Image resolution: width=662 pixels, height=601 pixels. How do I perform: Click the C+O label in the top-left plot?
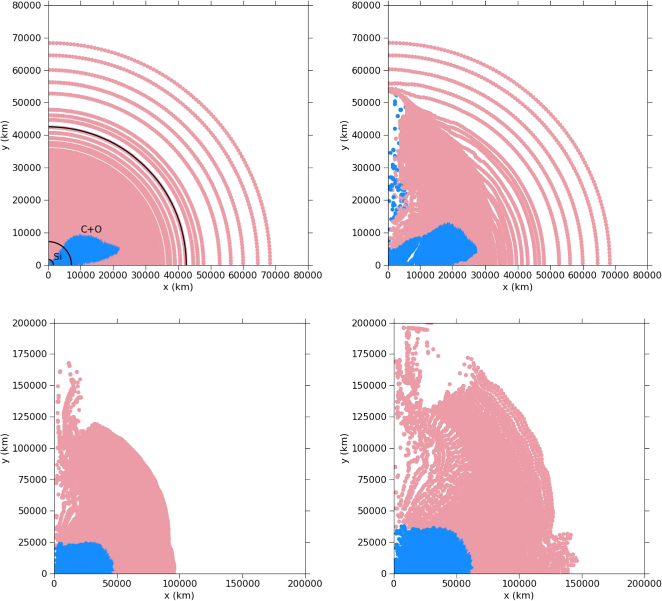click(91, 229)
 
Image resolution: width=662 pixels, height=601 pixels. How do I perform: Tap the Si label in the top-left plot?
click(58, 256)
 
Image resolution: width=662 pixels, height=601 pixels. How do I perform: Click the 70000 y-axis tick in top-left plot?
click(26, 38)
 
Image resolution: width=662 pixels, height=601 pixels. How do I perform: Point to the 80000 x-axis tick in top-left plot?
click(307, 275)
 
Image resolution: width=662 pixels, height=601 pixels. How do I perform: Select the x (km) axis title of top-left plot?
click(178, 287)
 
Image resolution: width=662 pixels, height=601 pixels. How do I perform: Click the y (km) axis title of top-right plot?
click(345, 135)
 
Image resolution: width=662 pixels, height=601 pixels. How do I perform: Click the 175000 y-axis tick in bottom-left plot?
click(29, 354)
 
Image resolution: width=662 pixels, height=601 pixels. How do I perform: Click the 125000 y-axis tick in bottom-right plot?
click(369, 417)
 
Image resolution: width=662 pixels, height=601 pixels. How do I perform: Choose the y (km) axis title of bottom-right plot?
click(345, 448)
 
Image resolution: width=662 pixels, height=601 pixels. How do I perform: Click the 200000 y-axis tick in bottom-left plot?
click(29, 323)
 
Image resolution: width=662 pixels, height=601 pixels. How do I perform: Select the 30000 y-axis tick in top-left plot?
click(26, 168)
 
